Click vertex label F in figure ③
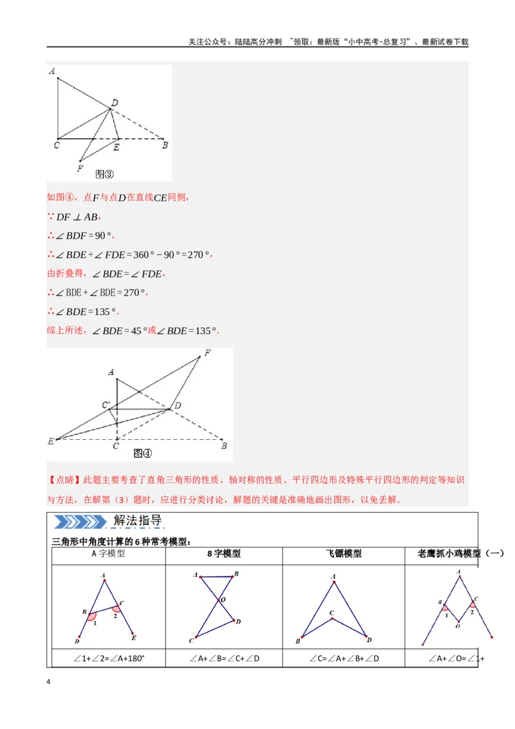79,169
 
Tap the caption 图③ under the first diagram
104,174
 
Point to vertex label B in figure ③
165,146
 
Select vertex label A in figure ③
51,71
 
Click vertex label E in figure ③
116,147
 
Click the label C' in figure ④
106,404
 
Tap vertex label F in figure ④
207,353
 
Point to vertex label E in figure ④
50,441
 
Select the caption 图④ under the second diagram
142,453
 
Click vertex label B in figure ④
223,446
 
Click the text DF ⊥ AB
77,217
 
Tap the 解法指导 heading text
137,521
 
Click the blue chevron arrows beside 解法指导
78,522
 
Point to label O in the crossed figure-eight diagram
223,600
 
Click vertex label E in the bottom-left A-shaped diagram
133,638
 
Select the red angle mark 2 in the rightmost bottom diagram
473,604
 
